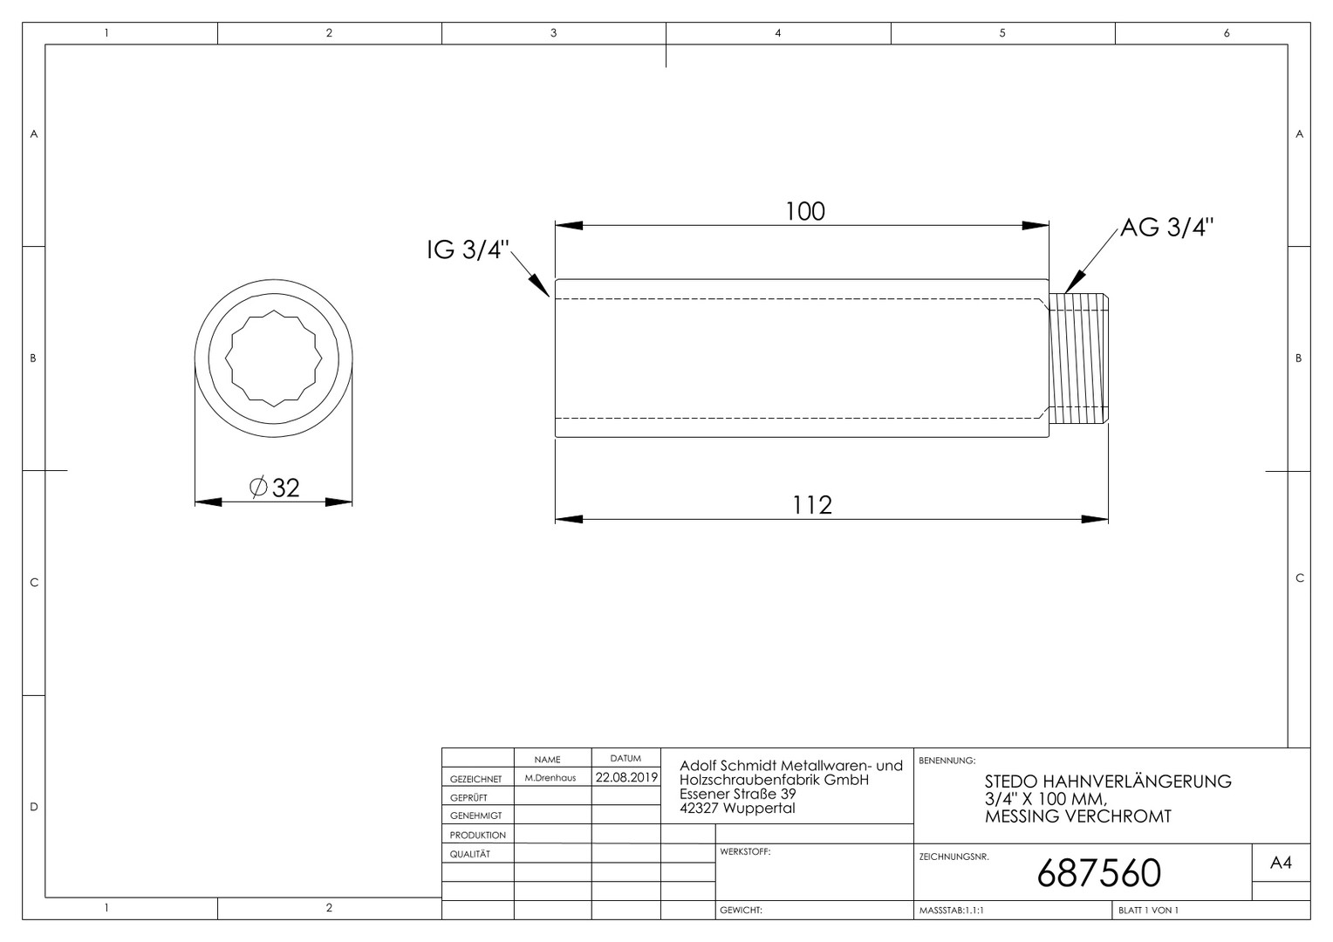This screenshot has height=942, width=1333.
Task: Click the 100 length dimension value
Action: pyautogui.click(x=805, y=212)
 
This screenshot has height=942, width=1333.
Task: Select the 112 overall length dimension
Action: pyautogui.click(x=812, y=505)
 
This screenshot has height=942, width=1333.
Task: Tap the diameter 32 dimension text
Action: pyautogui.click(x=274, y=488)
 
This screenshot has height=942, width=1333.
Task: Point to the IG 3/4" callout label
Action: pyautogui.click(x=468, y=249)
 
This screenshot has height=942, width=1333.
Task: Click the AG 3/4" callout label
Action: pyautogui.click(x=1166, y=228)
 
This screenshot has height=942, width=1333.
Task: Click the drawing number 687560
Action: pyautogui.click(x=1098, y=873)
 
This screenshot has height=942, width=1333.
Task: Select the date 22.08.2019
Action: pyautogui.click(x=626, y=777)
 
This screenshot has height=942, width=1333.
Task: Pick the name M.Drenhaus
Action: pyautogui.click(x=550, y=778)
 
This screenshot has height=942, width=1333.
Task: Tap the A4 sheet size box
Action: pyautogui.click(x=1282, y=863)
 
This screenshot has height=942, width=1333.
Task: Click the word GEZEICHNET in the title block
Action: pyautogui.click(x=476, y=779)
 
